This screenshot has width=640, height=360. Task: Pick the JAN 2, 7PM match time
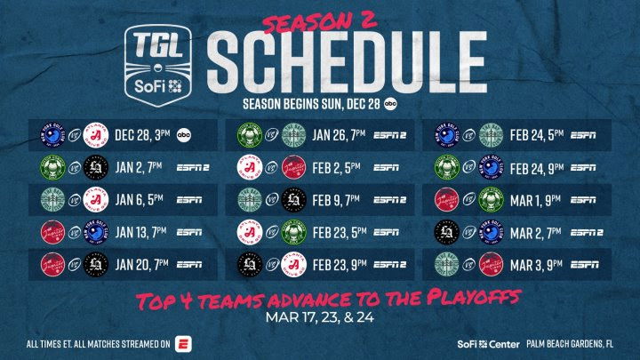click(133, 167)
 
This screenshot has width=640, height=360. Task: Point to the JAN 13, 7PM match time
click(135, 231)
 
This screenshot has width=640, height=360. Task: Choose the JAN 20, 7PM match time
click(136, 263)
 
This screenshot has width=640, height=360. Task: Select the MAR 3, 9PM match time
click(534, 263)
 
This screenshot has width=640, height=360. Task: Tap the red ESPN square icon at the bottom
click(184, 343)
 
